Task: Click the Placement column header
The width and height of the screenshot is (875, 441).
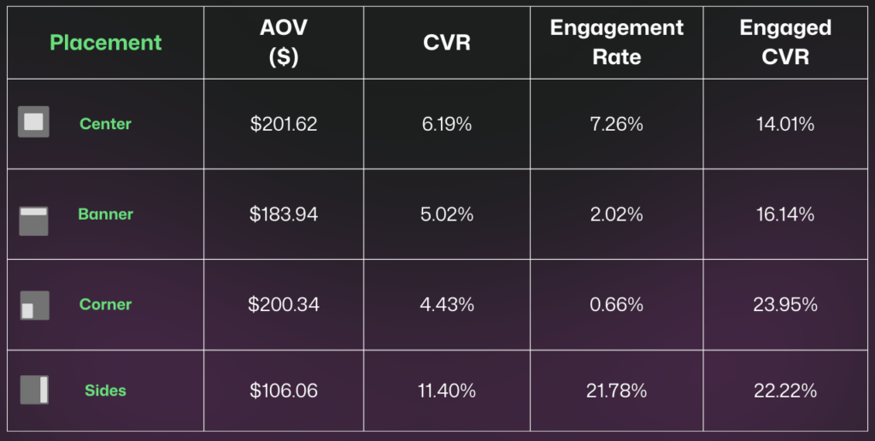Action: pos(105,42)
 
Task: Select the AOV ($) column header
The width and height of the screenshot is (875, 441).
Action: pos(284,42)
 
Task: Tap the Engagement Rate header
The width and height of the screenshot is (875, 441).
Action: pos(616,42)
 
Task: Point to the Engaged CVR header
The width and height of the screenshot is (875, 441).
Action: pos(784,42)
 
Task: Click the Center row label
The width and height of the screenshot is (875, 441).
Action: pos(105,124)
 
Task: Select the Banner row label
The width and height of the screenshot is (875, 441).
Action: pos(105,215)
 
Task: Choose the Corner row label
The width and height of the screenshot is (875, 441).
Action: pos(105,304)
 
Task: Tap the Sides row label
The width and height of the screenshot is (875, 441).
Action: pos(105,391)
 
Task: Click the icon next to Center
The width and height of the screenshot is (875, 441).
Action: pos(33,122)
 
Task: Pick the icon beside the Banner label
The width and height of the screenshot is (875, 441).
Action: pos(33,220)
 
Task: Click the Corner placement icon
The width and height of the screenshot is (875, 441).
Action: pos(33,305)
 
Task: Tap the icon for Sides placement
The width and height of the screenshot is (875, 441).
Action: pos(33,390)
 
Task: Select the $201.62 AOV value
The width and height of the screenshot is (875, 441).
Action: pos(284,124)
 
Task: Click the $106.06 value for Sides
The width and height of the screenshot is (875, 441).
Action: pos(284,391)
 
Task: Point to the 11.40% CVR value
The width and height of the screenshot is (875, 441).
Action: pos(447,391)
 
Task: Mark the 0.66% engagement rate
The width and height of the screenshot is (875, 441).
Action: pos(616,304)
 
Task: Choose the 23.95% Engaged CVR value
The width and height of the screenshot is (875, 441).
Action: pos(784,304)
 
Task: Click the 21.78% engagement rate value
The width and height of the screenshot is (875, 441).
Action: pos(616,391)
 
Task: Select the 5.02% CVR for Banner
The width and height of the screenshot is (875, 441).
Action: pos(447,215)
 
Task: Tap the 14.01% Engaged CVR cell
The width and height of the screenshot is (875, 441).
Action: pos(784,124)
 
